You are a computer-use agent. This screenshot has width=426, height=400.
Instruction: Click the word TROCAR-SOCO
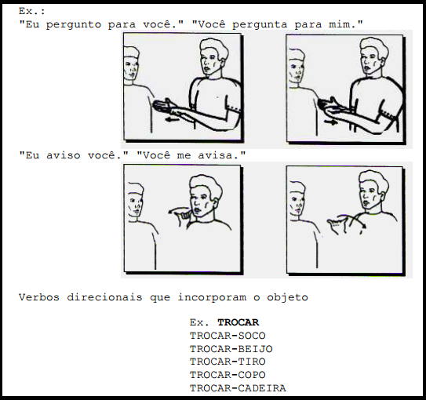228,336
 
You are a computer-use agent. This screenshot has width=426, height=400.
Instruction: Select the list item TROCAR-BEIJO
231,349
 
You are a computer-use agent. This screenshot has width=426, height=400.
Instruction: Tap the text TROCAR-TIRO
228,362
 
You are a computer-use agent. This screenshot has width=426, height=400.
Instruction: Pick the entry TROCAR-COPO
228,375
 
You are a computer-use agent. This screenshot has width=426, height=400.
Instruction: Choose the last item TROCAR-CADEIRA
238,388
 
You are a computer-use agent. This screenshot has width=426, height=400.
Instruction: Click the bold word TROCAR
238,322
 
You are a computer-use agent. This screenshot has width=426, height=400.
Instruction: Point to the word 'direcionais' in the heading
104,297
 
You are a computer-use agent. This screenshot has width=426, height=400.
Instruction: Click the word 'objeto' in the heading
287,297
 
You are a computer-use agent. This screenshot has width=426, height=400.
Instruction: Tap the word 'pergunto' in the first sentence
74,25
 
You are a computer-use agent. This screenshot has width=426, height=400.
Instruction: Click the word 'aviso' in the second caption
64,155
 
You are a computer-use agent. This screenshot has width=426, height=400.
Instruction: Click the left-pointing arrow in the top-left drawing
173,119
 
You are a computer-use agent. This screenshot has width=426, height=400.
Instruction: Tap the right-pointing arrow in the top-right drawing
331,122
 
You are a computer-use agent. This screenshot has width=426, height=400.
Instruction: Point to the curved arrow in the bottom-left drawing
178,209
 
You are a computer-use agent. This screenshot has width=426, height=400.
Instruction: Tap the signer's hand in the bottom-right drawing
337,224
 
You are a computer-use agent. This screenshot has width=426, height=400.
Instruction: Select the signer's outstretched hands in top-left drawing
166,107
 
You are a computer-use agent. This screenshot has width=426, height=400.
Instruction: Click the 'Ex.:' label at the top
32,12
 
